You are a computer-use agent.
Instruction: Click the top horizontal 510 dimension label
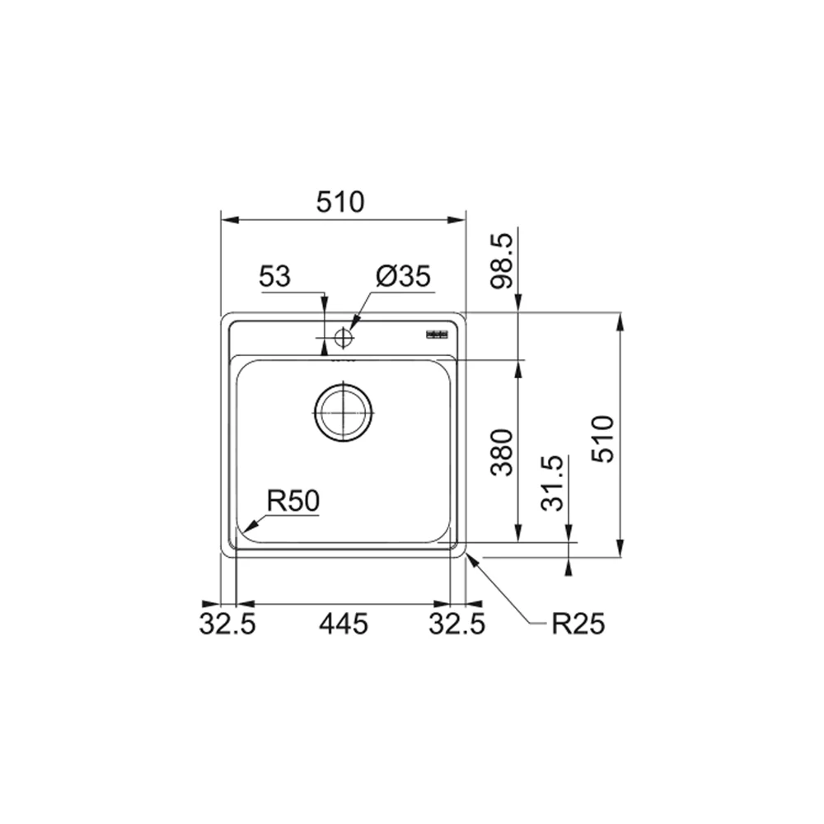point(340,203)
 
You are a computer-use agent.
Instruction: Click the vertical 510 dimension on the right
point(603,439)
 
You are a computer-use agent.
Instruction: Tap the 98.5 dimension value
point(501,261)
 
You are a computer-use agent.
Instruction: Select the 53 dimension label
point(275,276)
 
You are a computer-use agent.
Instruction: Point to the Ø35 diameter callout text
point(404,276)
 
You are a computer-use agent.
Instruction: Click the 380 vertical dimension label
point(501,452)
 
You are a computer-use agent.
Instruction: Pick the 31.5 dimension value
point(552,484)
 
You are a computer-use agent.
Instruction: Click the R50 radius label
point(293,501)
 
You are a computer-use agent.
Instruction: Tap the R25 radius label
point(578,625)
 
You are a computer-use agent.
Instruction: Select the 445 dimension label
point(344,625)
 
